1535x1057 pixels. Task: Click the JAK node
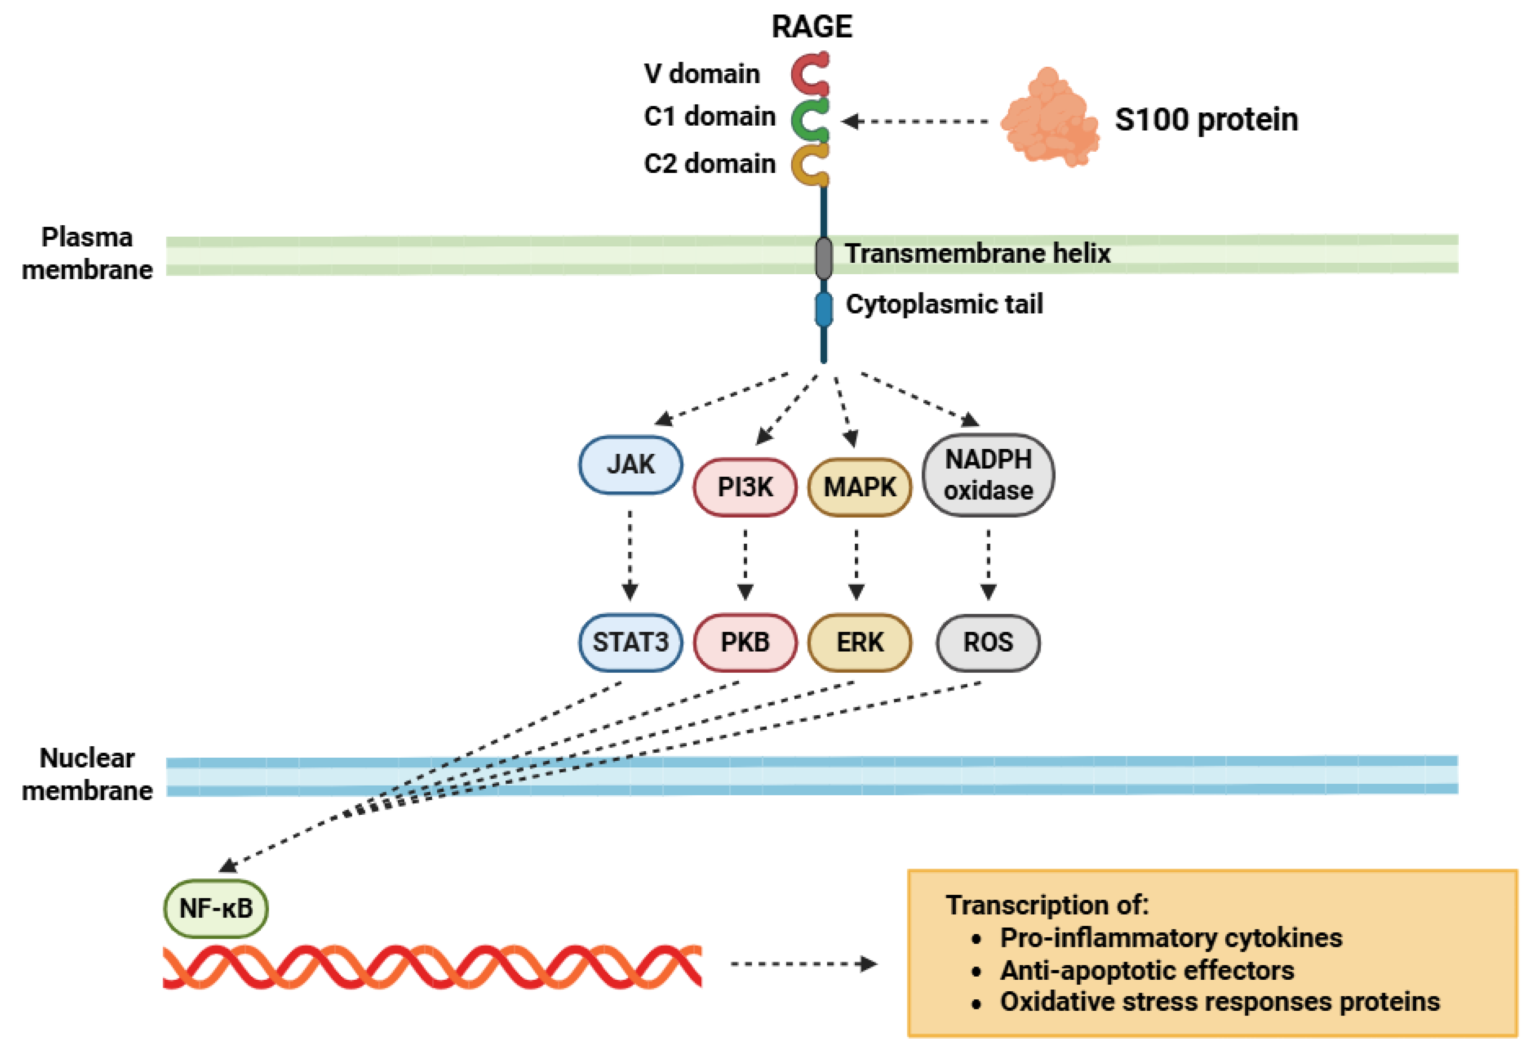click(630, 464)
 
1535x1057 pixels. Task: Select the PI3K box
click(745, 488)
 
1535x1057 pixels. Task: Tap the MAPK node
click(859, 488)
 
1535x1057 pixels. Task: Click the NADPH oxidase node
click(988, 475)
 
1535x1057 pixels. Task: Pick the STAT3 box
click(630, 643)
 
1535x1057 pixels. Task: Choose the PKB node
click(745, 643)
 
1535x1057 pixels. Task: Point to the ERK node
click(859, 643)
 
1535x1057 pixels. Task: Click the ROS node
click(988, 643)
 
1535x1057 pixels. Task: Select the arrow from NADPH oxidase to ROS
click(988, 563)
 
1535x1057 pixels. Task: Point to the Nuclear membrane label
click(87, 774)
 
